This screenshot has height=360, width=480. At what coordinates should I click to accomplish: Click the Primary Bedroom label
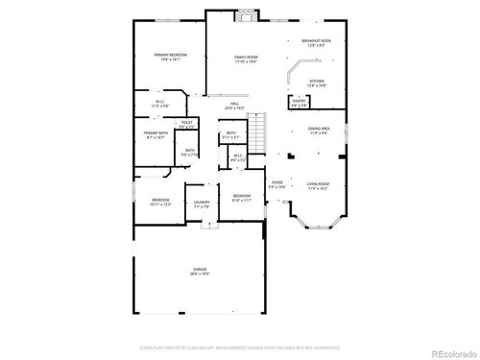[169, 57]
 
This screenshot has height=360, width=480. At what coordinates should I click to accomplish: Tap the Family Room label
[246, 59]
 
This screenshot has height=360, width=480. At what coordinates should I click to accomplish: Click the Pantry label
[300, 102]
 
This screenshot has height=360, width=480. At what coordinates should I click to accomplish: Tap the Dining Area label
[319, 130]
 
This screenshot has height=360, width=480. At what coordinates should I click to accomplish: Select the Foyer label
[276, 182]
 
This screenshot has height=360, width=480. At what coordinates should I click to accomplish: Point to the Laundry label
[202, 204]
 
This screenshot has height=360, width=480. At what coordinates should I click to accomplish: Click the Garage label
[200, 271]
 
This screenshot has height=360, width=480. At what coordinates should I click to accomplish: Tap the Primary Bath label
[156, 134]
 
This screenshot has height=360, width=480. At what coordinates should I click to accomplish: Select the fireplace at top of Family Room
[247, 14]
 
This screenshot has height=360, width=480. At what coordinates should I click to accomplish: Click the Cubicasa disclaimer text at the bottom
[238, 345]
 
